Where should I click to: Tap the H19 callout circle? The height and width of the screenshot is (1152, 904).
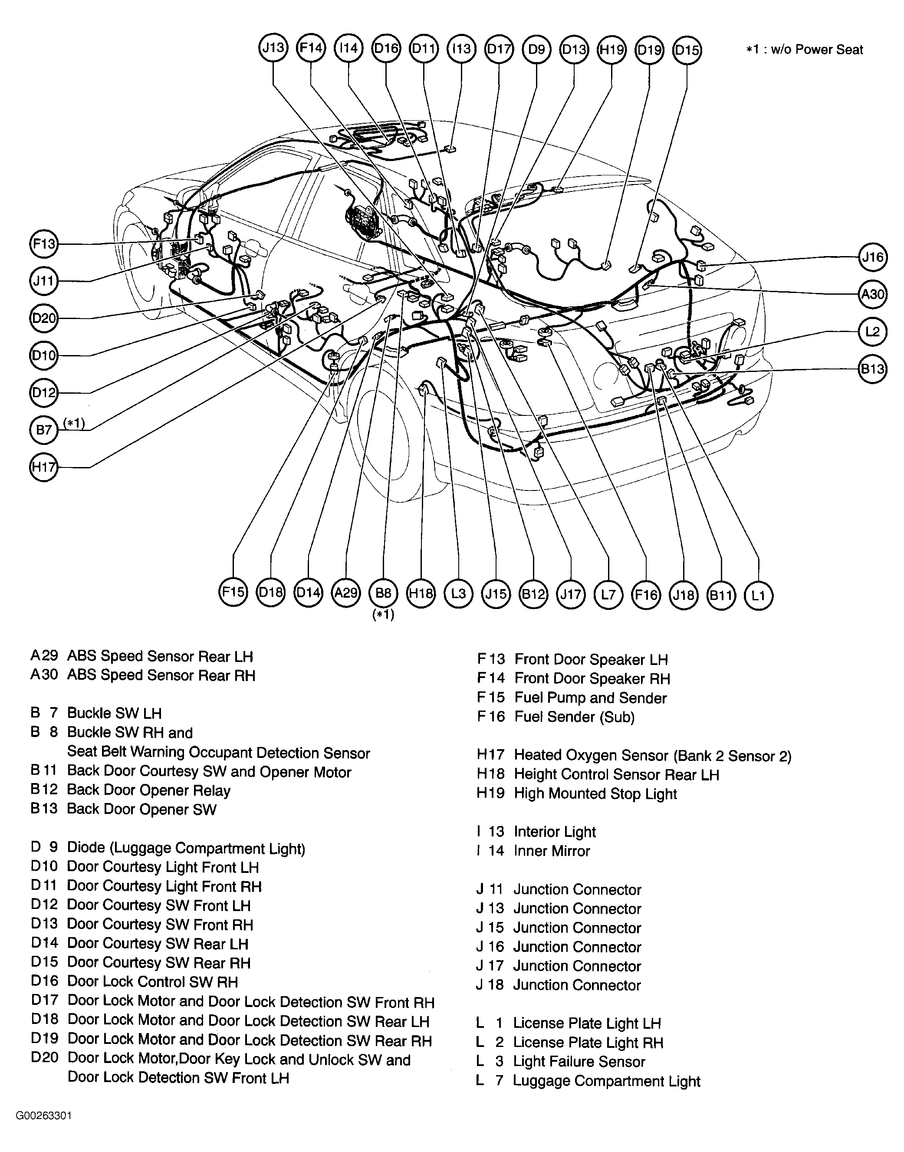pyautogui.click(x=611, y=50)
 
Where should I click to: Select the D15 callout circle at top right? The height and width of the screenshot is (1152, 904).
pyautogui.click(x=687, y=50)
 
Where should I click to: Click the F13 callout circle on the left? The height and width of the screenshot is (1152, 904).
pyautogui.click(x=44, y=244)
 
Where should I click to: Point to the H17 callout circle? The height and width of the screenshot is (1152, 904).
pyautogui.click(x=44, y=467)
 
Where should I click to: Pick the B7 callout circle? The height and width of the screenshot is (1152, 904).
pyautogui.click(x=44, y=429)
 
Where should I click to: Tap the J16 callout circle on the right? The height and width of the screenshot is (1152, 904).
pyautogui.click(x=872, y=257)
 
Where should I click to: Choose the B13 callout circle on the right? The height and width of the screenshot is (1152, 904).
pyautogui.click(x=872, y=369)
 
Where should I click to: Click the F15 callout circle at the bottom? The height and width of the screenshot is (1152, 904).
pyautogui.click(x=233, y=592)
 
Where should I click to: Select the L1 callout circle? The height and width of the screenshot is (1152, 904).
pyautogui.click(x=759, y=595)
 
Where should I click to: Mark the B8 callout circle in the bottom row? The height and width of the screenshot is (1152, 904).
pyautogui.click(x=383, y=593)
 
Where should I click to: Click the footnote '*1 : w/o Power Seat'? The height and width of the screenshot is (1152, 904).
pyautogui.click(x=804, y=50)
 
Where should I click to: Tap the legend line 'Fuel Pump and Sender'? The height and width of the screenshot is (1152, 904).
pyautogui.click(x=590, y=698)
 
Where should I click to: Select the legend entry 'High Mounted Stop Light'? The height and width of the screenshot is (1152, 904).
pyautogui.click(x=595, y=793)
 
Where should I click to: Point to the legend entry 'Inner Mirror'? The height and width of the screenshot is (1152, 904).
pyautogui.click(x=552, y=851)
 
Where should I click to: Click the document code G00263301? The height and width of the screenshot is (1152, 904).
pyautogui.click(x=43, y=1116)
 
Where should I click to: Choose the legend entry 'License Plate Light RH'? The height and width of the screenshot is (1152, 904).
pyautogui.click(x=588, y=1043)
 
